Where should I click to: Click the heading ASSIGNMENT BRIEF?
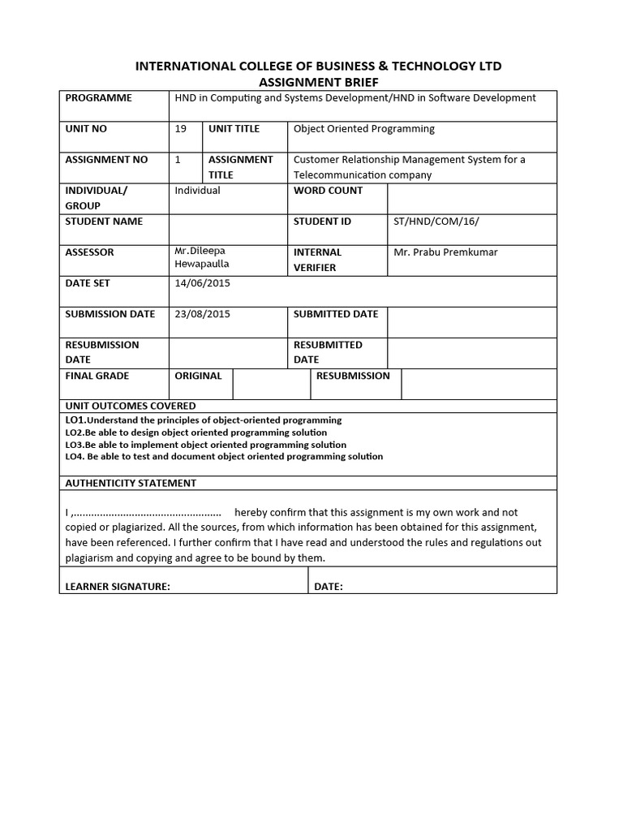pyautogui.click(x=318, y=82)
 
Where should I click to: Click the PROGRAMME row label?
pyautogui.click(x=98, y=98)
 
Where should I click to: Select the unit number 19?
pyautogui.click(x=181, y=129)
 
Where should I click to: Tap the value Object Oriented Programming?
pyautogui.click(x=363, y=129)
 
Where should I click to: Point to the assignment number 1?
pyautogui.click(x=178, y=160)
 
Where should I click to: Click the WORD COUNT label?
pyautogui.click(x=328, y=191)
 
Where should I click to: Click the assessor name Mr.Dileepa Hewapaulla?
pyautogui.click(x=202, y=258)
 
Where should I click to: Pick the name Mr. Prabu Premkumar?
pyautogui.click(x=445, y=252)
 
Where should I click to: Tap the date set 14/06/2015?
pyautogui.click(x=203, y=283)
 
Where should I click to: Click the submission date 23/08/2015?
pyautogui.click(x=203, y=314)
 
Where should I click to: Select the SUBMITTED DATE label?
pyautogui.click(x=336, y=314)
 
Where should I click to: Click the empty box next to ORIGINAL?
pyautogui.click(x=271, y=384)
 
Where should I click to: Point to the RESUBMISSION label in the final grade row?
pyautogui.click(x=353, y=376)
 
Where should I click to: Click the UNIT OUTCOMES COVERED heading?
pyautogui.click(x=131, y=406)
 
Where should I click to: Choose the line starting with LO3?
pyautogui.click(x=205, y=445)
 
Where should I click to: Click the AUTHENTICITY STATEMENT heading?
pyautogui.click(x=131, y=483)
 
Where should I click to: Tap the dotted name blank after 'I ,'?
pyautogui.click(x=148, y=513)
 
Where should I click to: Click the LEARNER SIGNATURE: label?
pyautogui.click(x=118, y=587)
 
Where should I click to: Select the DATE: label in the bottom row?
pyautogui.click(x=329, y=587)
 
